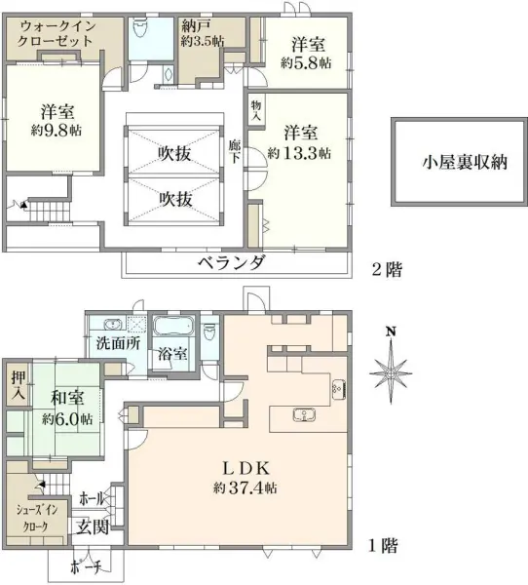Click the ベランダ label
pyautogui.click(x=232, y=263)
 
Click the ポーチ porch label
pyautogui.click(x=86, y=567)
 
